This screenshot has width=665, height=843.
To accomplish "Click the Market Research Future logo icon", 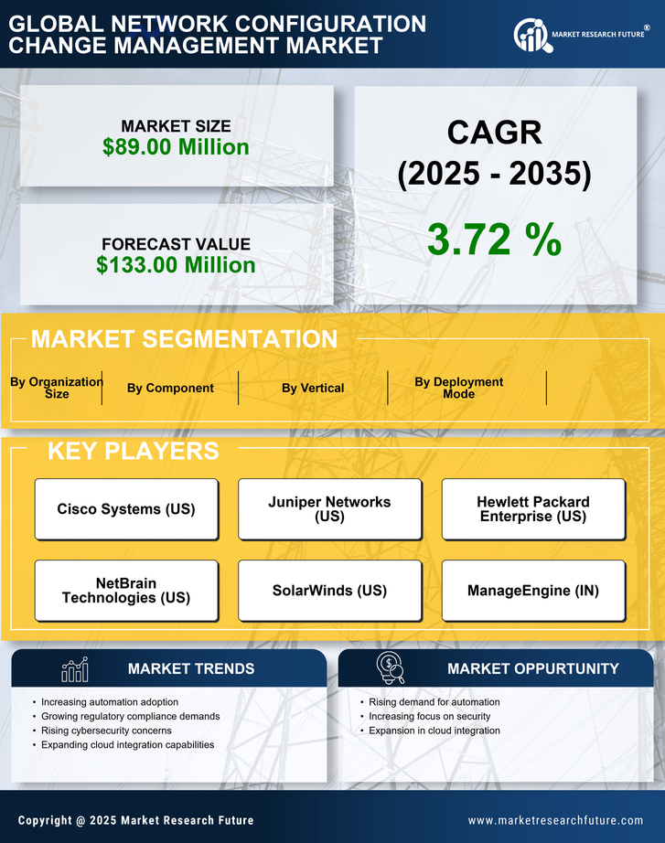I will click(531, 35).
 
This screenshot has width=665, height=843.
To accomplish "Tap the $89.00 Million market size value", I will click(176, 147).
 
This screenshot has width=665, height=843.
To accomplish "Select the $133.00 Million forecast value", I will click(176, 265).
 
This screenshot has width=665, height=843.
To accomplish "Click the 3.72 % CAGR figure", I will click(494, 240).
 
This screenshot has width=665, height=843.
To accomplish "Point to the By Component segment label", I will click(170, 388).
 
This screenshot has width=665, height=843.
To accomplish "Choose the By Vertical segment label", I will click(313, 388).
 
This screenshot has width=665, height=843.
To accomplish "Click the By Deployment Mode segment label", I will click(459, 388).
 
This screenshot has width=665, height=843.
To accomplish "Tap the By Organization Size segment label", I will click(56, 388).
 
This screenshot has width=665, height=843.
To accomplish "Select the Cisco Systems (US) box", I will click(126, 509).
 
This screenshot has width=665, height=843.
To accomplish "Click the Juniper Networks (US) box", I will click(329, 509).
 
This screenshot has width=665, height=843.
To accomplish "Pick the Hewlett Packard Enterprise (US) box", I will click(533, 509).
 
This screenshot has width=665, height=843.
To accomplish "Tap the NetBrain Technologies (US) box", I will click(126, 591).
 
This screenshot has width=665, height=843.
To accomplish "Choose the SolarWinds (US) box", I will click(329, 591).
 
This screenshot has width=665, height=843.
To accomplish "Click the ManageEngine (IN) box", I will click(533, 591).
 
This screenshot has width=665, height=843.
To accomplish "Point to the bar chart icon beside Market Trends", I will click(74, 669).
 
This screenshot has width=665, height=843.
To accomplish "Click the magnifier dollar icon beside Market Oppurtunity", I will click(390, 668).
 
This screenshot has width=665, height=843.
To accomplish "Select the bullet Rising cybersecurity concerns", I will click(106, 731).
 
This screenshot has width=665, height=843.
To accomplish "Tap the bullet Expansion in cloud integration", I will click(434, 731).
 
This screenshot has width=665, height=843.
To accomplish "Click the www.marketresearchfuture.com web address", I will click(555, 820).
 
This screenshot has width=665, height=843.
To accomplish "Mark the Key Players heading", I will click(133, 451).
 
